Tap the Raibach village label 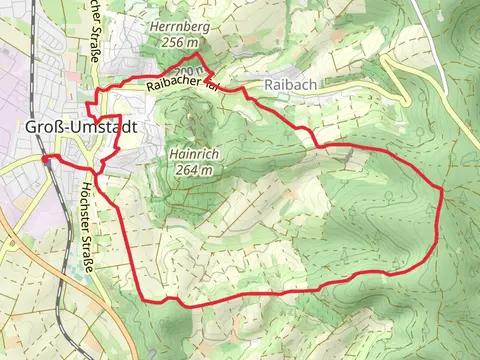(x=290, y=86)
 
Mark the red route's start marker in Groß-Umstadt (x=45, y=158)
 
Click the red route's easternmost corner (x=442, y=188)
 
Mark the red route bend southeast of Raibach (x=320, y=147)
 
